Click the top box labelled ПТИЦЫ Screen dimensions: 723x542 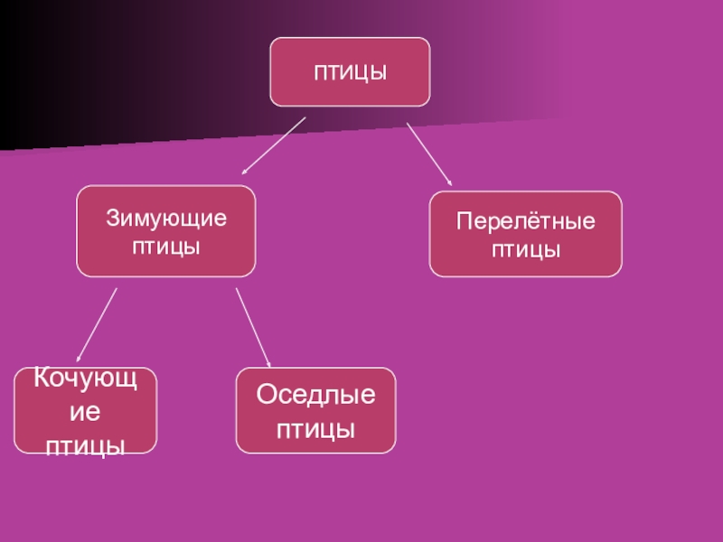350,71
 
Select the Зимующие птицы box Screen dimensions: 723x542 165,231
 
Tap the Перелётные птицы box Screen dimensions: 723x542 525,234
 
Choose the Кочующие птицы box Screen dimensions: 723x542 85,410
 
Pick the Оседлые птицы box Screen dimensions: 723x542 315,410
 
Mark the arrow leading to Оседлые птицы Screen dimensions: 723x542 253,327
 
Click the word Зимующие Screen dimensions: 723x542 165,219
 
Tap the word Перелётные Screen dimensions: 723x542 525,221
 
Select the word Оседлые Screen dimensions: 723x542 315,395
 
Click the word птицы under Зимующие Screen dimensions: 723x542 165,246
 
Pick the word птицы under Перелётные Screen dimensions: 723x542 525,248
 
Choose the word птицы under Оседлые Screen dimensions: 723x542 315,428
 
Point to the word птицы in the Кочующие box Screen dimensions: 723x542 85,444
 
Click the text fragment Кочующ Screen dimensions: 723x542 85,378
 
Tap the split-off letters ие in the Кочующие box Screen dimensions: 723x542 85,411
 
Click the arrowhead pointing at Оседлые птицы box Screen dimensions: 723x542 269,362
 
